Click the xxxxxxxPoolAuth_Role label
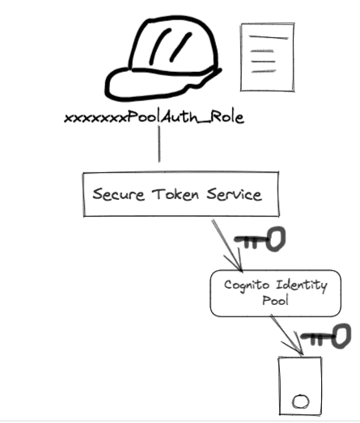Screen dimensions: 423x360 pyautogui.click(x=154, y=119)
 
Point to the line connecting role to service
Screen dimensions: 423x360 pyautogui.click(x=159, y=146)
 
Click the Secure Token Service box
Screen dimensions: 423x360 pyautogui.click(x=176, y=194)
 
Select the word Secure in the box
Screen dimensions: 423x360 pyautogui.click(x=117, y=194)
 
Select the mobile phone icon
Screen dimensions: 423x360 pyautogui.click(x=299, y=385)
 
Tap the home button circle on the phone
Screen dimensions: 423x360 pyautogui.click(x=300, y=400)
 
